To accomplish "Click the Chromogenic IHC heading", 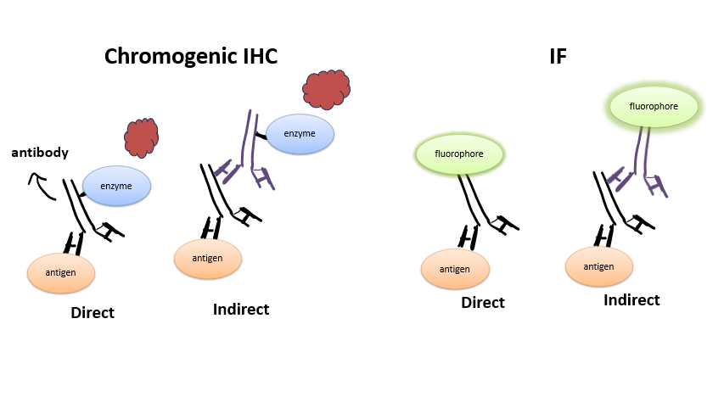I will point(191,56).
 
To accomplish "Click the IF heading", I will point(557,57).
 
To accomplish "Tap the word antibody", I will point(39,153).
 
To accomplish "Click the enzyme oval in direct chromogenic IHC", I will point(117,185).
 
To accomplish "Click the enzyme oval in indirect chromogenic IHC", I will point(300,134).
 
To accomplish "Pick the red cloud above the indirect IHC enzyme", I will point(327,87).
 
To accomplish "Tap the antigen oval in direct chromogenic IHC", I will point(60,271).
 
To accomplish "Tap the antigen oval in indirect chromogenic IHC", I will point(208,258).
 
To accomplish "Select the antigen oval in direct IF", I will point(455,269).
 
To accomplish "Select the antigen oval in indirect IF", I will point(599,266).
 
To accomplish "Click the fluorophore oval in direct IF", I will point(459,155).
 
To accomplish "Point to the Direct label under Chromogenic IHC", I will point(93,313).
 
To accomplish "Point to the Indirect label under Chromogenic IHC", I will point(241,310).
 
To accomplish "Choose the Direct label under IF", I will point(483,303).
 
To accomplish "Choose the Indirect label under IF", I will point(631,300).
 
